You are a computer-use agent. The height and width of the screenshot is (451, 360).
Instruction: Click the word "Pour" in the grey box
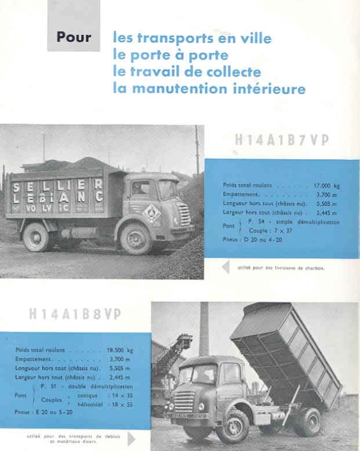[74, 38]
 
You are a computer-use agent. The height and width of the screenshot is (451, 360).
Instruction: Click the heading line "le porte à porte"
[170, 56]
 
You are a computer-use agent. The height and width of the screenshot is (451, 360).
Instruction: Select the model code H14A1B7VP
[282, 140]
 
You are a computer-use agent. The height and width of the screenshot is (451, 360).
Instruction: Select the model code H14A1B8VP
[75, 314]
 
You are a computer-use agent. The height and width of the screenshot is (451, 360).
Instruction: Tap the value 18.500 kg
[122, 350]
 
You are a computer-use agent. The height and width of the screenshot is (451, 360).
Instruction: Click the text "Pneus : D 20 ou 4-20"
[254, 239]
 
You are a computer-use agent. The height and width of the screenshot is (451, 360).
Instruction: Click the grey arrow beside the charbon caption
[226, 267]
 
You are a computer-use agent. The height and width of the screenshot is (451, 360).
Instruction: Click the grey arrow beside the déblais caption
[131, 438]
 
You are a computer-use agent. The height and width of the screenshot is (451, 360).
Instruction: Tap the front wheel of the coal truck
[136, 238]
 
